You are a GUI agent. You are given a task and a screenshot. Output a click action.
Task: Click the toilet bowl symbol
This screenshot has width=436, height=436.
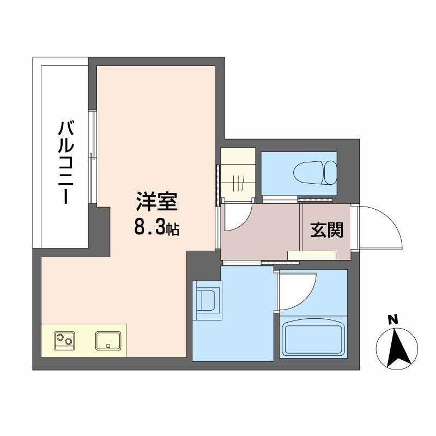pos(315,173)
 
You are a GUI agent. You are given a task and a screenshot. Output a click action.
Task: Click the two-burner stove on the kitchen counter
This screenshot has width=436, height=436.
pos(65,341)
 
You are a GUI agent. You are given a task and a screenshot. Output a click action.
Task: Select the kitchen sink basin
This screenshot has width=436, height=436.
pos(109,341)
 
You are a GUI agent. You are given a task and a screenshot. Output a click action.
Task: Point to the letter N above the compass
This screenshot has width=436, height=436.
pos(392,319)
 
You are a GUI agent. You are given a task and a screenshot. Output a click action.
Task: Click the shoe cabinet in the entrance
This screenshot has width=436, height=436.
pos(312,255)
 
